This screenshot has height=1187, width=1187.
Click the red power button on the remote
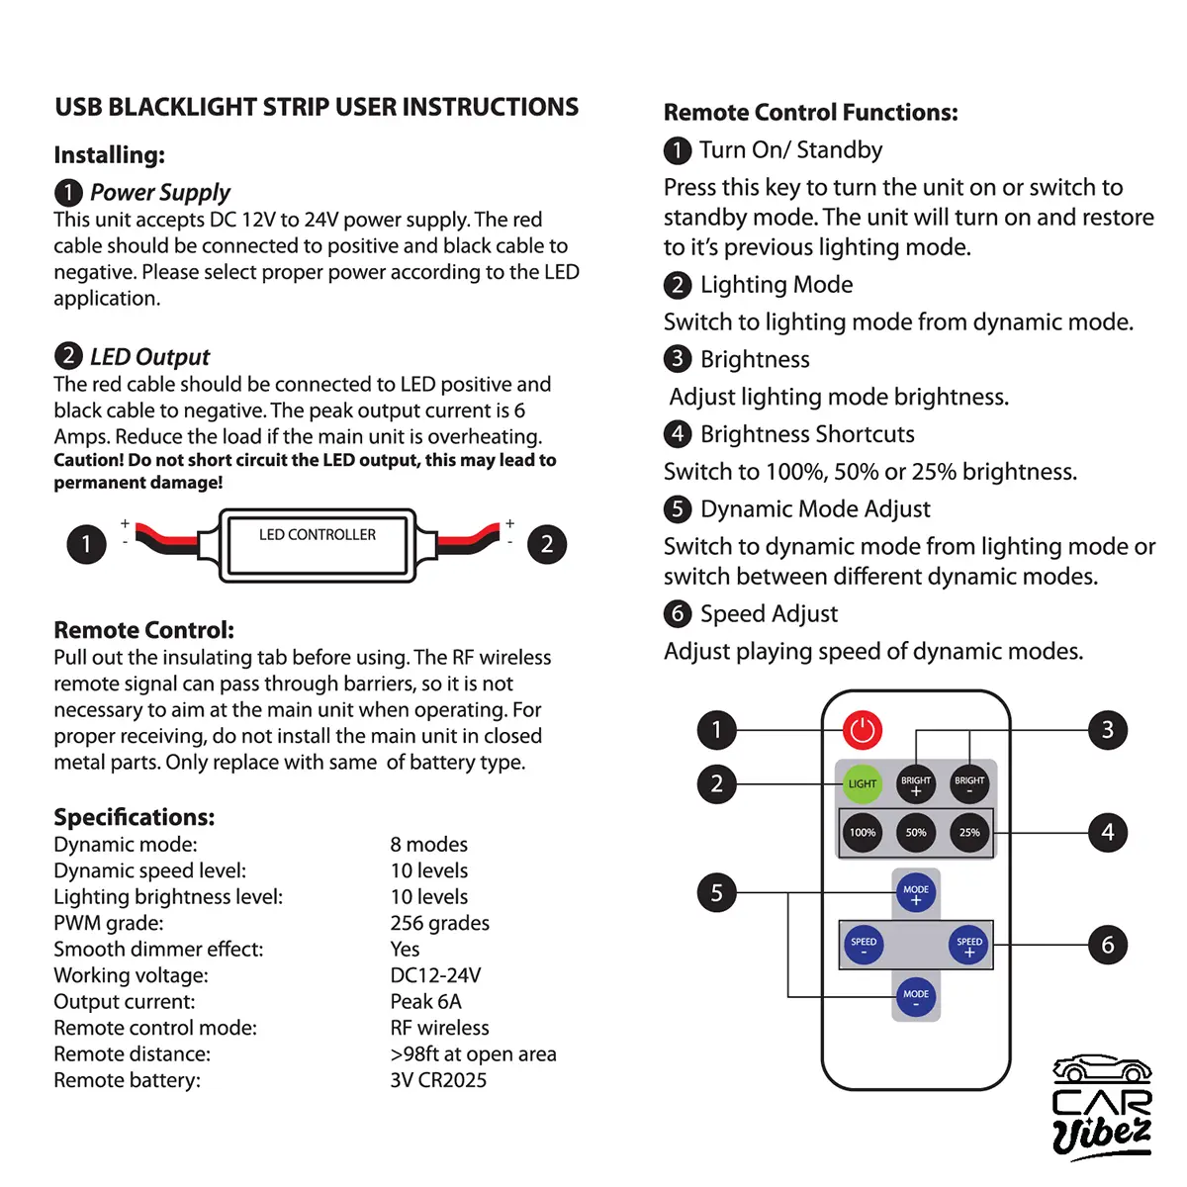(863, 730)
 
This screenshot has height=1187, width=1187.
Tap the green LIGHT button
(863, 783)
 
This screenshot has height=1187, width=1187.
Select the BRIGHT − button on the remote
(969, 783)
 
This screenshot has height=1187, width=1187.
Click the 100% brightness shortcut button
(863, 833)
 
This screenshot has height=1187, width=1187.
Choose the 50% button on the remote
(916, 833)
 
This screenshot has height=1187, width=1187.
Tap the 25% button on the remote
(969, 833)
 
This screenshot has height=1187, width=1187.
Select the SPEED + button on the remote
(969, 945)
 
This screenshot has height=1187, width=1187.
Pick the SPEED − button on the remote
(864, 945)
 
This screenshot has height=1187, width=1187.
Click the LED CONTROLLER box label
(318, 535)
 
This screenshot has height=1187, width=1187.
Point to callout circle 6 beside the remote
(1108, 946)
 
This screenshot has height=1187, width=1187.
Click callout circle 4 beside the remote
(1108, 833)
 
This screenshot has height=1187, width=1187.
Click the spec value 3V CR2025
(438, 1080)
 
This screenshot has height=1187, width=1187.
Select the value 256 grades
(439, 923)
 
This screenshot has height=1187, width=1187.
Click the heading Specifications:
(134, 817)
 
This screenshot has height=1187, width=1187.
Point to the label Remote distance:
(132, 1054)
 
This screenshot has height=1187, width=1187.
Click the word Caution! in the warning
(88, 460)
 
